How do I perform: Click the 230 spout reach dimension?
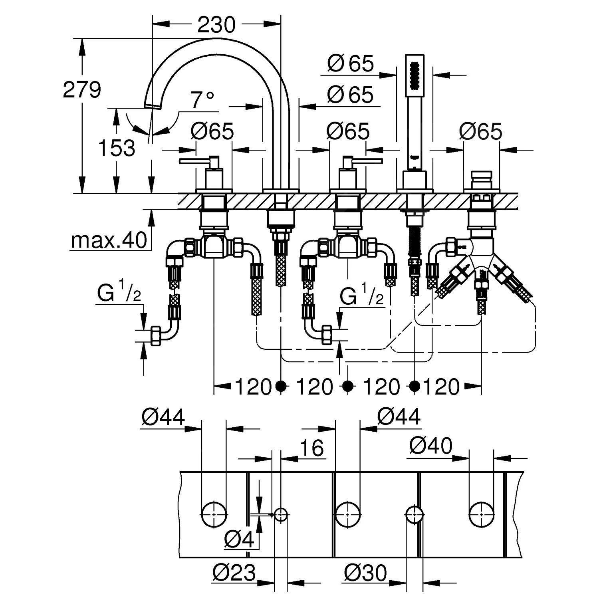[217, 25]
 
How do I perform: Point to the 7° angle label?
[202, 100]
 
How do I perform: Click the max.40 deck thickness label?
[109, 240]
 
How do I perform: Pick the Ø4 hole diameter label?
[239, 540]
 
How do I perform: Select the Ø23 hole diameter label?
[234, 573]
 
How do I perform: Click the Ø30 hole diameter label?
[365, 573]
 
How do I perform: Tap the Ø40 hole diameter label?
[430, 446]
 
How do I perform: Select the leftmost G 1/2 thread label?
[119, 294]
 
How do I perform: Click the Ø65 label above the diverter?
[480, 131]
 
